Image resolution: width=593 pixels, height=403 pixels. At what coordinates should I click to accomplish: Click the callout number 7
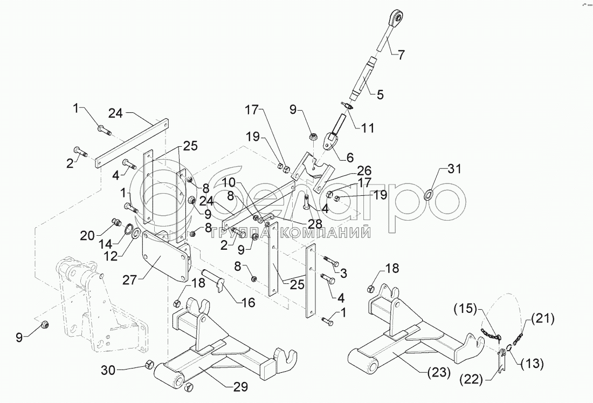(401, 53)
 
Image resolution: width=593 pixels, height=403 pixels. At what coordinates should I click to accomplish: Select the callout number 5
(380, 95)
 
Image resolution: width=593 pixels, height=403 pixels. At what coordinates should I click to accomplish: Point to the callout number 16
(248, 302)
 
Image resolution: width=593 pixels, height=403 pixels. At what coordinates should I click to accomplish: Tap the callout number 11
(368, 128)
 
